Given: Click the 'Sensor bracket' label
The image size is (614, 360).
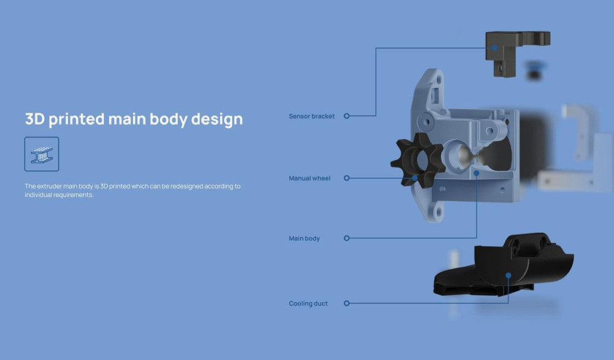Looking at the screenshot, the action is [312, 116].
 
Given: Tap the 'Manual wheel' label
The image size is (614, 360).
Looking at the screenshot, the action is [309, 178].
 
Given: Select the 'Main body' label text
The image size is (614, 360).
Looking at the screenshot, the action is [305, 238].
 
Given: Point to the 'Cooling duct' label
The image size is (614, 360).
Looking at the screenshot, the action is [308, 303].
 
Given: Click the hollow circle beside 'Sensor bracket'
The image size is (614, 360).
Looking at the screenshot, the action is [346, 116].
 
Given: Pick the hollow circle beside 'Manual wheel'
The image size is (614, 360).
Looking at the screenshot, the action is [346, 178].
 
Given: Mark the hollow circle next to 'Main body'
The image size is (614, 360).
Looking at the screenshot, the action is [346, 238].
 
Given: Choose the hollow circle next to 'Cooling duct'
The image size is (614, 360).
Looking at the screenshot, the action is [346, 303].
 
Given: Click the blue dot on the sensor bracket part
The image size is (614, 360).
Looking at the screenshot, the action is [494, 48].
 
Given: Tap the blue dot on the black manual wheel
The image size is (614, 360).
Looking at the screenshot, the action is [414, 178].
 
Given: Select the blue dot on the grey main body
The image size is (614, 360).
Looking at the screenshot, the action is [476, 173].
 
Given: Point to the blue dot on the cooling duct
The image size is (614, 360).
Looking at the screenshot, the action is [508, 275].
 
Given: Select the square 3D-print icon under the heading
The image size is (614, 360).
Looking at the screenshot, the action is [42, 154].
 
